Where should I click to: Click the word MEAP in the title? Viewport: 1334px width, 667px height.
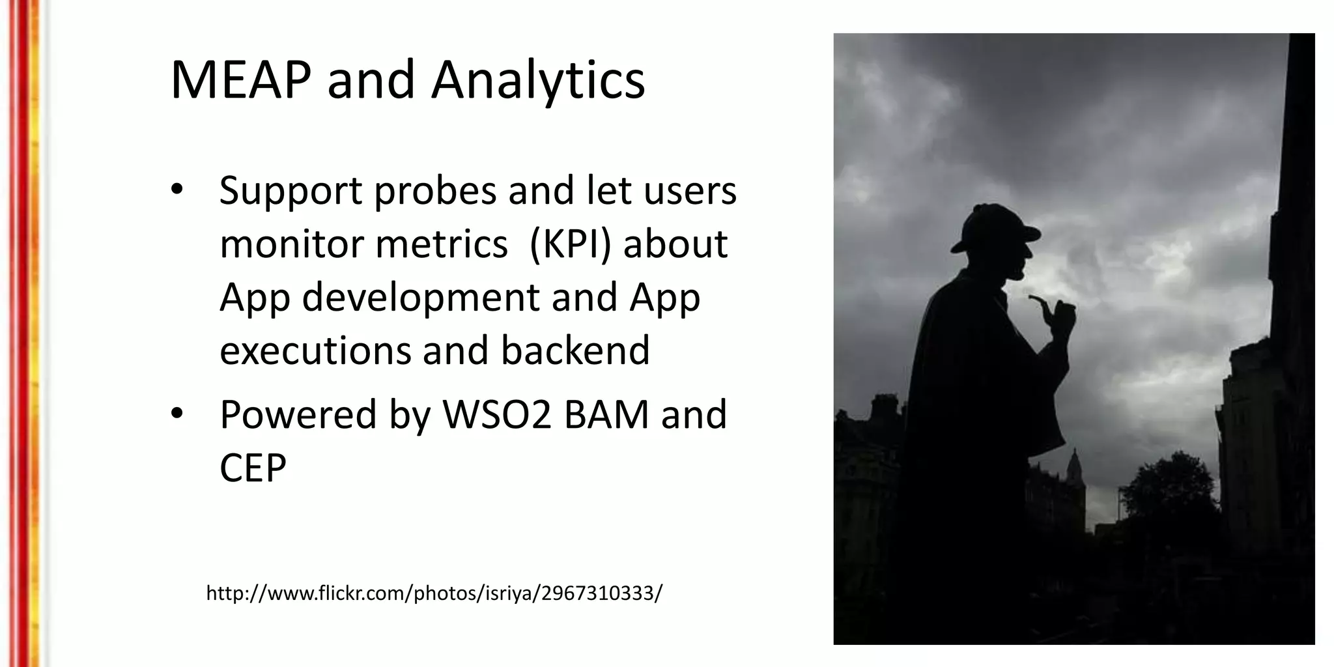click(x=240, y=80)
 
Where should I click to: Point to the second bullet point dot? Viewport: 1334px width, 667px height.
click(x=177, y=414)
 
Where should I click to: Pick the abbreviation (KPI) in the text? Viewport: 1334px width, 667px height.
click(x=570, y=244)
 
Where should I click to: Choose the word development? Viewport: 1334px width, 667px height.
click(x=421, y=298)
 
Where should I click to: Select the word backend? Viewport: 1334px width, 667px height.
click(x=575, y=350)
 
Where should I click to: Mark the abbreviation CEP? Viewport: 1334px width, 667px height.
click(x=253, y=468)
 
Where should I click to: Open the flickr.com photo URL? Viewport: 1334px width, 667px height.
click(x=434, y=593)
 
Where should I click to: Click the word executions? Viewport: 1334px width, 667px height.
click(x=315, y=350)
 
